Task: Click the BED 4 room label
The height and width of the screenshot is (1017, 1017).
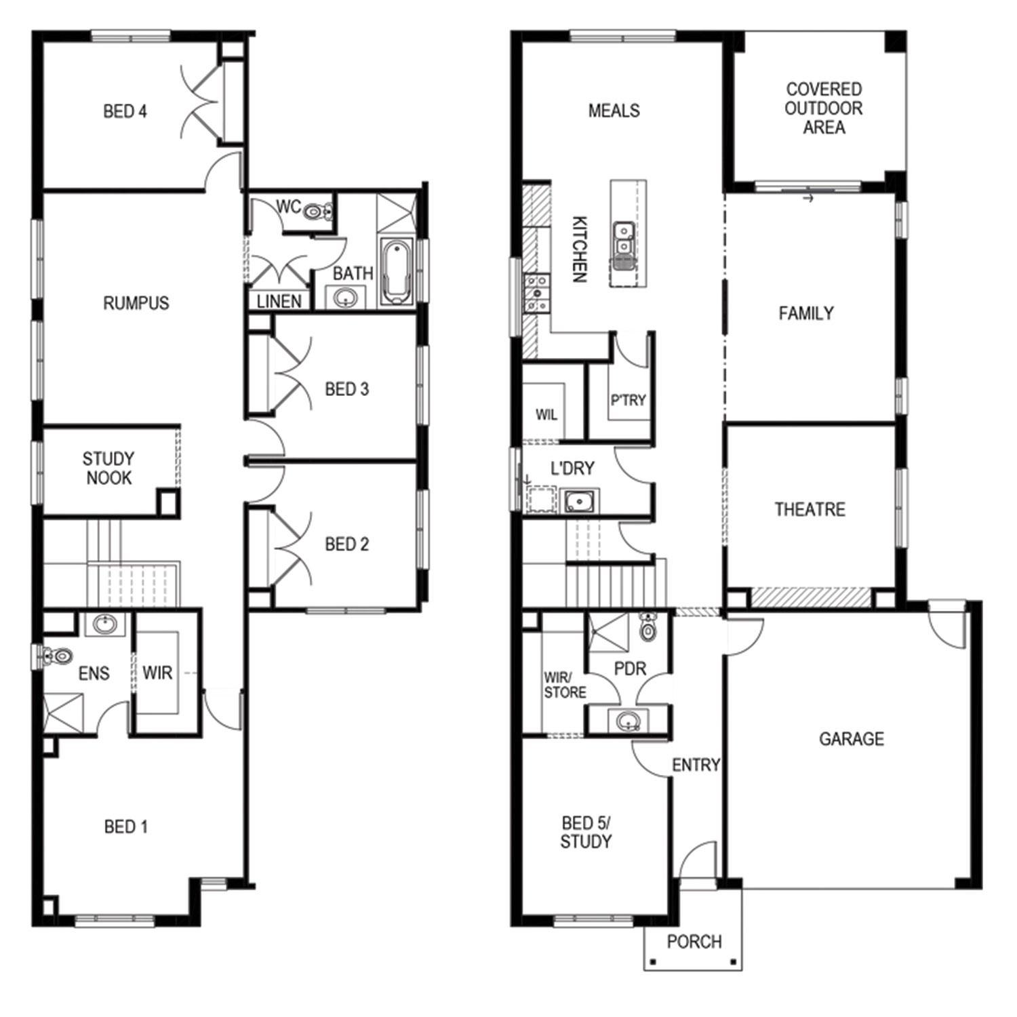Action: point(125,111)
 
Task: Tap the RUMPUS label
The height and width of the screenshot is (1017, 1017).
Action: point(136,303)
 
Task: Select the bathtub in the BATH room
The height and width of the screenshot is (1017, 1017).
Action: point(397,271)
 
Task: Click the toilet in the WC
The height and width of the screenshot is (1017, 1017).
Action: point(317,212)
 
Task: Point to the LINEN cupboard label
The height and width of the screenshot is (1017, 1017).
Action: point(279,301)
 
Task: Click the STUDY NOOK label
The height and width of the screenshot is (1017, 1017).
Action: point(108,468)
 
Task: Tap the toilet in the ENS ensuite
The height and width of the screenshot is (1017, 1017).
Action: point(57,656)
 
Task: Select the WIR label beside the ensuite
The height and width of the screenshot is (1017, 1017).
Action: point(157,673)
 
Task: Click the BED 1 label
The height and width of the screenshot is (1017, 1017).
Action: point(125,826)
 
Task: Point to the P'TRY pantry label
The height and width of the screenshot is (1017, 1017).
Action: point(628,400)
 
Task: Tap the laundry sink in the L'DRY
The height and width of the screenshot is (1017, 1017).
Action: point(580,502)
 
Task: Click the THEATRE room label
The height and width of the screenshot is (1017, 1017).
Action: point(810,510)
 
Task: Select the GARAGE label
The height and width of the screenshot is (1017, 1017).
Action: point(852,738)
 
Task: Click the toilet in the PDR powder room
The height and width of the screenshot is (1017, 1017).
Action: point(648,627)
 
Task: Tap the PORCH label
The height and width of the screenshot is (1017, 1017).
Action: point(694,942)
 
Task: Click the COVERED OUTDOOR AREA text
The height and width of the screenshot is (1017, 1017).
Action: point(824,108)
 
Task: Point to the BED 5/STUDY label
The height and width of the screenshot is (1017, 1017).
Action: point(586,832)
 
